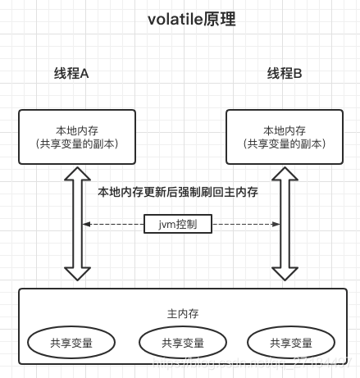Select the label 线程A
(71, 74)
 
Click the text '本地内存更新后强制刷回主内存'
(178, 192)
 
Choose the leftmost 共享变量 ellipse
(71, 343)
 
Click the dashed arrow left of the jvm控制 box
(116, 223)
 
